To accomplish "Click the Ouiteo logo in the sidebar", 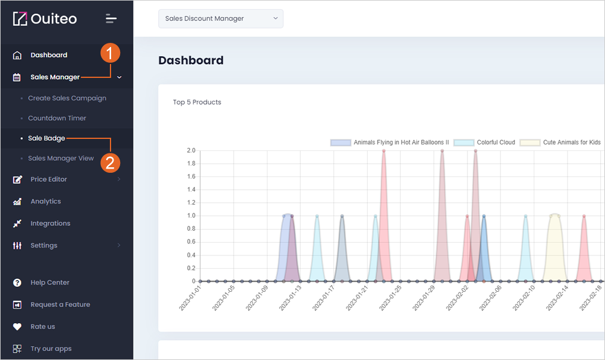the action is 45,19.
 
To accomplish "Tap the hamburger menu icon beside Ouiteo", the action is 111,19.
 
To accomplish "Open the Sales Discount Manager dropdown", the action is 221,19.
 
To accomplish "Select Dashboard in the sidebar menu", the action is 49,55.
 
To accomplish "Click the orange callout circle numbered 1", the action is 110,53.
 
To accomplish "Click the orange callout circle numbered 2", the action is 110,163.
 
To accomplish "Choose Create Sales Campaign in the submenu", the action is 67,98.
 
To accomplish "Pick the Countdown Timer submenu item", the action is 57,118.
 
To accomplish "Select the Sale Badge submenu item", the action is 46,138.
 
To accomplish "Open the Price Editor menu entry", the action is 49,179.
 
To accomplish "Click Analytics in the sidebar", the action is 45,201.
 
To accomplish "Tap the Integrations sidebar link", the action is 51,223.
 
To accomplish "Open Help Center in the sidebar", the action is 50,283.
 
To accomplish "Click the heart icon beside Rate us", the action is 17,327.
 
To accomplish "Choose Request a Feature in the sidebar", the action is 60,304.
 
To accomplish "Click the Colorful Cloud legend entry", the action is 485,143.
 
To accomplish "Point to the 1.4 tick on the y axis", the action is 191,190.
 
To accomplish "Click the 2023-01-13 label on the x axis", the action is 290,298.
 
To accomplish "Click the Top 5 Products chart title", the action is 197,102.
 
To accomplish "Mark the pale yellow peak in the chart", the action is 554,214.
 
